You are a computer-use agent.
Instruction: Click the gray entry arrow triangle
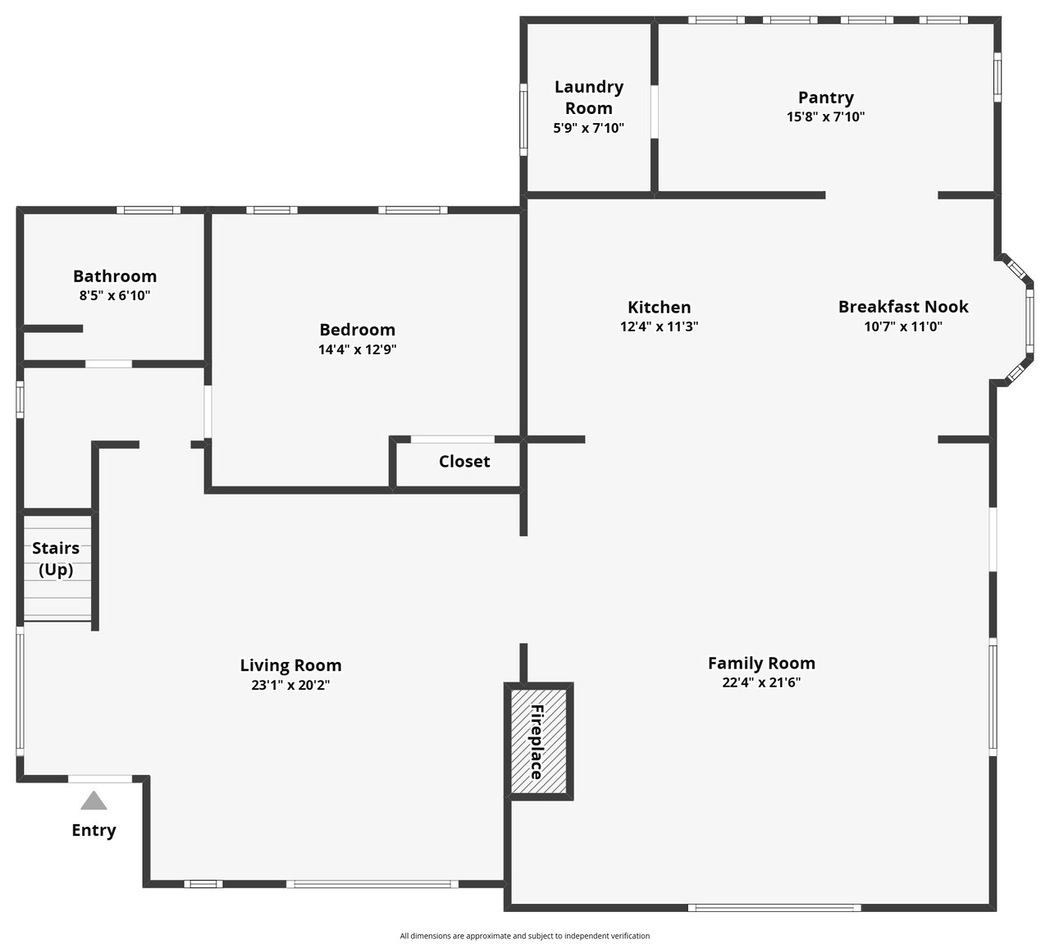point(94,800)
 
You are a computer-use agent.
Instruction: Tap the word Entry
point(94,830)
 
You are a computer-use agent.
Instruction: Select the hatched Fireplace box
point(539,741)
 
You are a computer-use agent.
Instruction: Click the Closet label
point(464,461)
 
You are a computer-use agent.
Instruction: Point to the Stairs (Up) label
point(56,559)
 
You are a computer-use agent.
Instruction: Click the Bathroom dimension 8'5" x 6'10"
point(115,296)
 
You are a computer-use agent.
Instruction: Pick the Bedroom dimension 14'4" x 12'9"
point(358,349)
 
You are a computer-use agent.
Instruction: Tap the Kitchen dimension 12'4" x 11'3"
point(659,326)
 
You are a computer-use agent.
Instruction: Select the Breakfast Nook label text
point(903,307)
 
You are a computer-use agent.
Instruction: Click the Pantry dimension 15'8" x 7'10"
point(825,116)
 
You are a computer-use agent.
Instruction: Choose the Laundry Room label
point(589,98)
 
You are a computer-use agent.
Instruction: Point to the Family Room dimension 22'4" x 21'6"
point(761,682)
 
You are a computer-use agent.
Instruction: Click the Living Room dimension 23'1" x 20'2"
point(290,685)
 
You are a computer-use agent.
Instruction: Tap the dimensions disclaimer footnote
point(525,936)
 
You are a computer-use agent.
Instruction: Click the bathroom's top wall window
point(148,210)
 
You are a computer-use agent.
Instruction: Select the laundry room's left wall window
point(523,120)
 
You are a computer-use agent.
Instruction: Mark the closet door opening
point(453,440)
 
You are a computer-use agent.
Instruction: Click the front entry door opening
point(100,779)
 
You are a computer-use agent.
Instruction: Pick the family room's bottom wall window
point(774,907)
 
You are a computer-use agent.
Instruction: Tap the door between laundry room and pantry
point(655,112)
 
